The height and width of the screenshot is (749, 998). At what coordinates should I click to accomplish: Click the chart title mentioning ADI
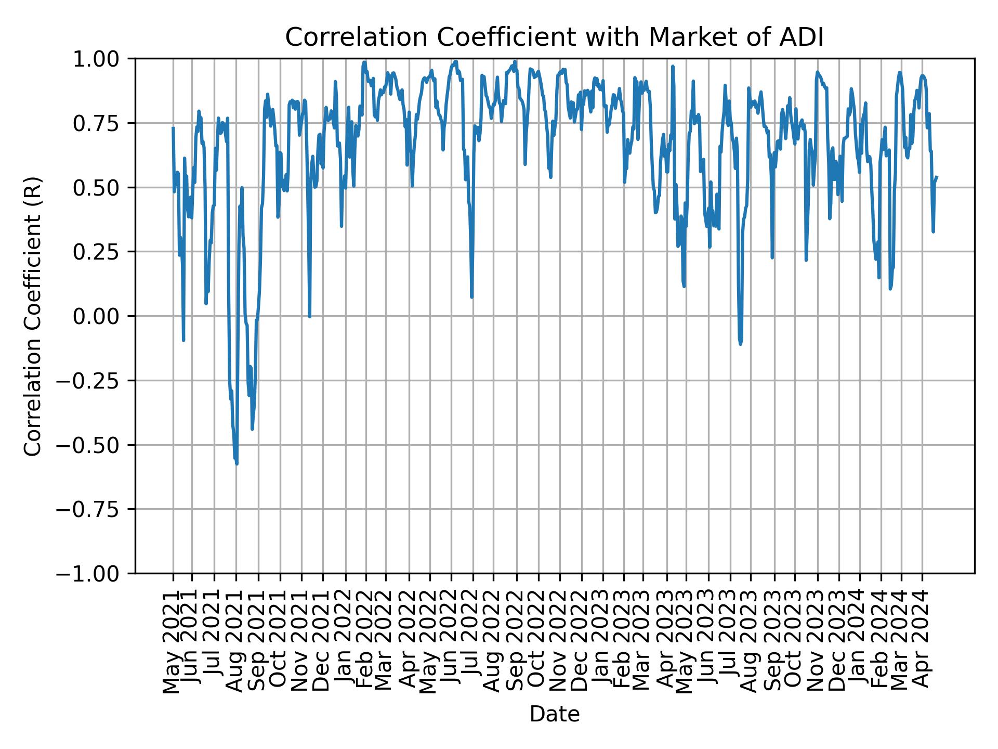pos(554,37)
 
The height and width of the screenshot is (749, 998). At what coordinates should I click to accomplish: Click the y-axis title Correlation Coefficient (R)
pos(32,316)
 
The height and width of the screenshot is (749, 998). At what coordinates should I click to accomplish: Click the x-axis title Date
pos(554,714)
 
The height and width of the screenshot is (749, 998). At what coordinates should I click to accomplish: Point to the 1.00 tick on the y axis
pos(102,59)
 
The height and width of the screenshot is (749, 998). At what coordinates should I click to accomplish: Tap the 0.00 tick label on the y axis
pos(102,316)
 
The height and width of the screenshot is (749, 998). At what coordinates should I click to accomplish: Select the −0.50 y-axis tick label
pos(96,445)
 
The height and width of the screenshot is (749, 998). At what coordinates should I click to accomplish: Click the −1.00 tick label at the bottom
pos(96,573)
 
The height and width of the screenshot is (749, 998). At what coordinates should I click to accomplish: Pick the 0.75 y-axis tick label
pos(102,123)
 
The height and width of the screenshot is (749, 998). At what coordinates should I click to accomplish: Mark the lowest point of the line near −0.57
pos(237,462)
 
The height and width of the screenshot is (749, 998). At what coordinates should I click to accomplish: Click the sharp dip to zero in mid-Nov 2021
pos(309,316)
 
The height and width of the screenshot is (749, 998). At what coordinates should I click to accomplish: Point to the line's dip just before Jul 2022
pos(471,297)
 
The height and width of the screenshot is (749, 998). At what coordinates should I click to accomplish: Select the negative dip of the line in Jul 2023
pos(740,344)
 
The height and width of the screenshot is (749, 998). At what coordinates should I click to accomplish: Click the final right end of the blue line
pos(937,177)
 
